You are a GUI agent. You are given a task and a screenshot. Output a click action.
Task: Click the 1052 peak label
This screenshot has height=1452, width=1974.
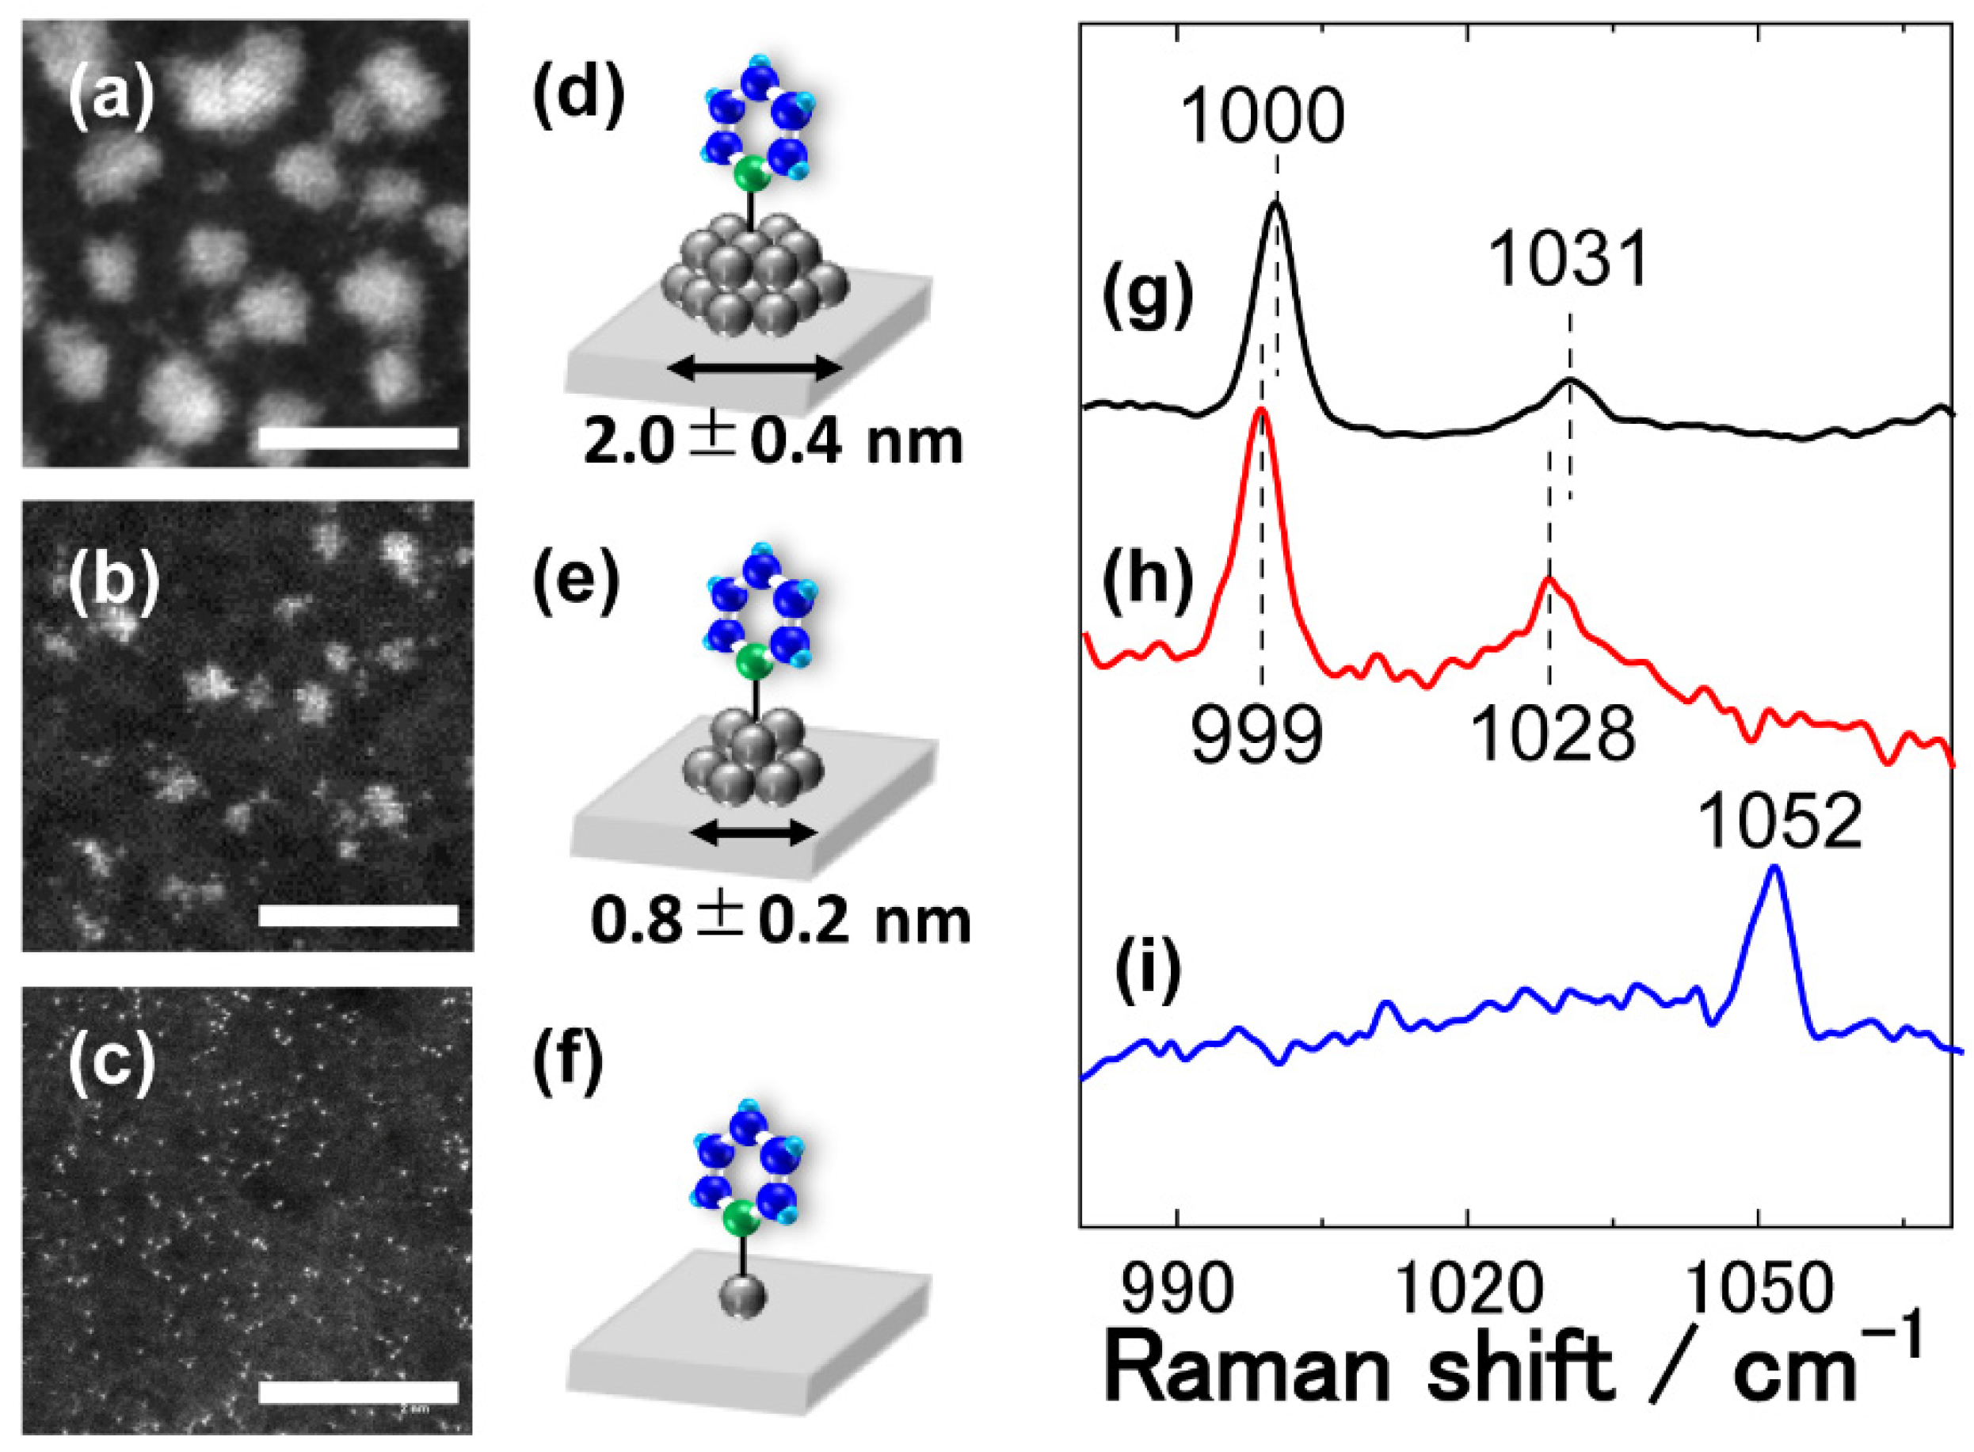[1779, 824]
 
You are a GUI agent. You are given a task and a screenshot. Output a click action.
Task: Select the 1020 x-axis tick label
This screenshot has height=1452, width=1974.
[1467, 1290]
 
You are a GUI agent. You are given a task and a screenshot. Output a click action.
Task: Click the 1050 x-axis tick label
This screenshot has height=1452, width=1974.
[1758, 1290]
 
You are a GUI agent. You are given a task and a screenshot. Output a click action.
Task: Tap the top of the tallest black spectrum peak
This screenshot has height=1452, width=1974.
[1276, 203]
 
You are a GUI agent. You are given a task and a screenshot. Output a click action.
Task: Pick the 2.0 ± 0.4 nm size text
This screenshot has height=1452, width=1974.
[772, 440]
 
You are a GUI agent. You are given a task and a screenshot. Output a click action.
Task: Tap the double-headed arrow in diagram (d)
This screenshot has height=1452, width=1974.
[754, 371]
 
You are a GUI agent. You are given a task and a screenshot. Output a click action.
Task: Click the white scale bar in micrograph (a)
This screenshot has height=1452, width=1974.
[359, 439]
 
